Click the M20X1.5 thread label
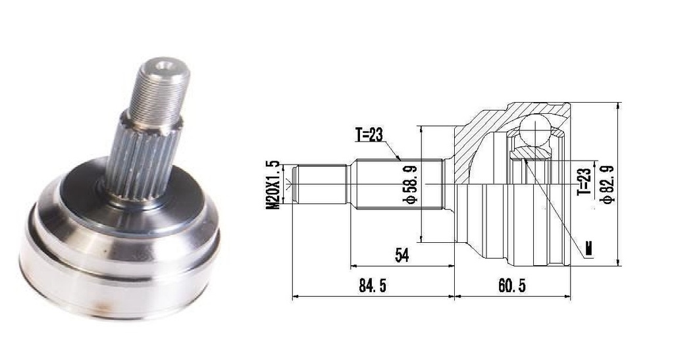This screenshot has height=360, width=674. click(x=272, y=185)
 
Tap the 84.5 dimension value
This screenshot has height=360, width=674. click(x=373, y=285)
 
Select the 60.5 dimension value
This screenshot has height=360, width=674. click(x=512, y=285)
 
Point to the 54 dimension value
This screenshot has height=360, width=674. click(x=402, y=255)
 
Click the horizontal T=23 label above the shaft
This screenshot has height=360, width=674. click(x=369, y=135)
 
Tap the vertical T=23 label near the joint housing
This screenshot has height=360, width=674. click(x=584, y=181)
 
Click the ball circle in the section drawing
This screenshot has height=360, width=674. click(x=534, y=129)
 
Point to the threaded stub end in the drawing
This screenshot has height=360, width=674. click(x=319, y=184)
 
